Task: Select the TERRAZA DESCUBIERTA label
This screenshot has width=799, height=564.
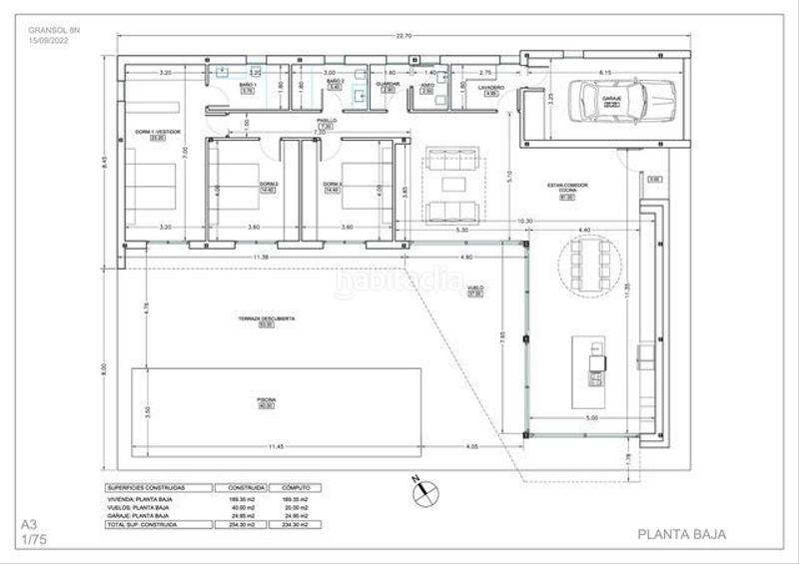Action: click(x=266, y=317)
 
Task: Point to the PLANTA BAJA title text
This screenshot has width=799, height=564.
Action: click(x=681, y=534)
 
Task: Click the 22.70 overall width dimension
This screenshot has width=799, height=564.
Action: click(x=402, y=37)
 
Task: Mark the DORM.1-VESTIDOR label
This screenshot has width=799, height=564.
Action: click(x=157, y=132)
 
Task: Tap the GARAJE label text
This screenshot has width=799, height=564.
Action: click(x=611, y=99)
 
